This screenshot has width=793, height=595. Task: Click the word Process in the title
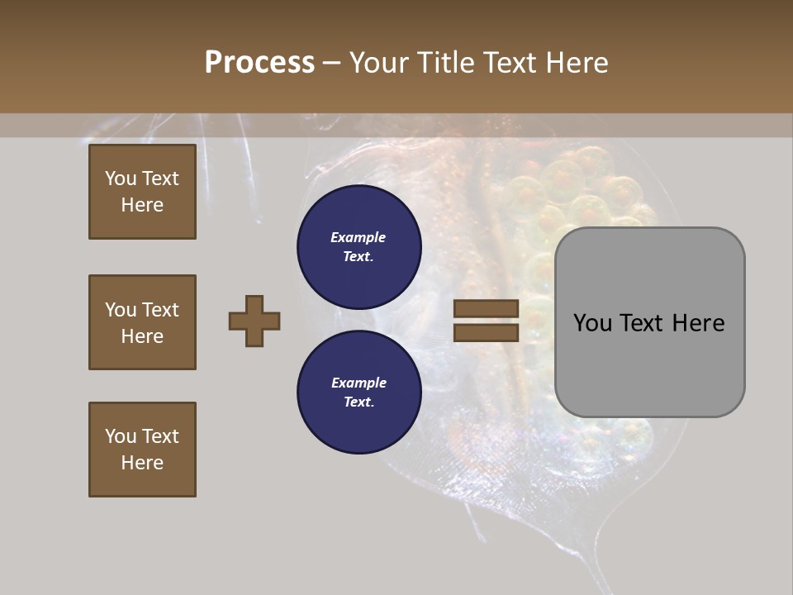(x=259, y=63)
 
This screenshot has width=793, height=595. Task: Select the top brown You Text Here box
(x=142, y=192)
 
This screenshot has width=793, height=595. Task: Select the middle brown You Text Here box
(x=142, y=322)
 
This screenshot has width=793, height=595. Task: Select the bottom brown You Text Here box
(x=142, y=450)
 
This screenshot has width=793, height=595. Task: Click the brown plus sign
(x=254, y=321)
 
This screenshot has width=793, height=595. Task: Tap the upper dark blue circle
(x=359, y=246)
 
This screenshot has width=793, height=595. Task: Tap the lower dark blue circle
(x=359, y=392)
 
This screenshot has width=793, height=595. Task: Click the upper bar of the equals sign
(x=486, y=308)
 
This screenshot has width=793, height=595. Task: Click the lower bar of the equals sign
(x=486, y=333)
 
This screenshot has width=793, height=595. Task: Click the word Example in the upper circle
(x=358, y=237)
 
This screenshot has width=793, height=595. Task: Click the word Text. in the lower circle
(x=359, y=402)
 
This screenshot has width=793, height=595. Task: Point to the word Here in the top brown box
(x=142, y=205)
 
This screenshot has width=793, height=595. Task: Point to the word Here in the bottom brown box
(x=142, y=463)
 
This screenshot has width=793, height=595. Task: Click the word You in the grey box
(x=592, y=323)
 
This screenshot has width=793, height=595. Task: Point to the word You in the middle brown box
(x=120, y=310)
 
